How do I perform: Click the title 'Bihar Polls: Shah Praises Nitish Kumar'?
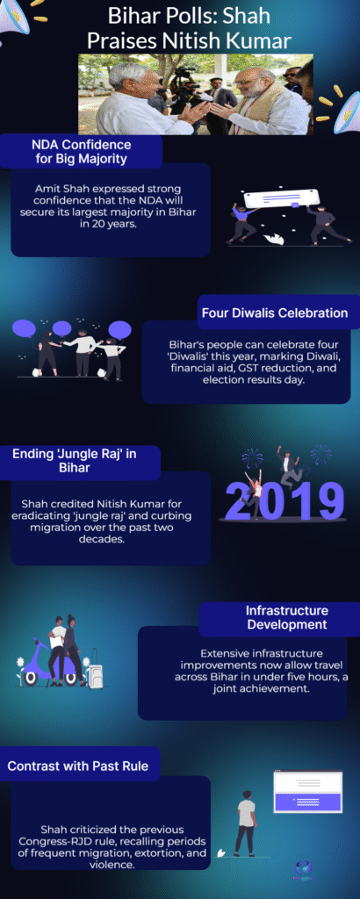pyautogui.click(x=189, y=28)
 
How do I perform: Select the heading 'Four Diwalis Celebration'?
pyautogui.click(x=275, y=313)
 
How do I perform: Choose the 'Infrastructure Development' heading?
pyautogui.click(x=286, y=617)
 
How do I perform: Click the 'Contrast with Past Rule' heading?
pyautogui.click(x=77, y=766)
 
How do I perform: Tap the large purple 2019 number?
pyautogui.click(x=284, y=500)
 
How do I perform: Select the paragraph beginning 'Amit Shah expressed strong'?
pyautogui.click(x=110, y=205)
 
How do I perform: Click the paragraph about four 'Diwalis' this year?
pyautogui.click(x=247, y=363)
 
